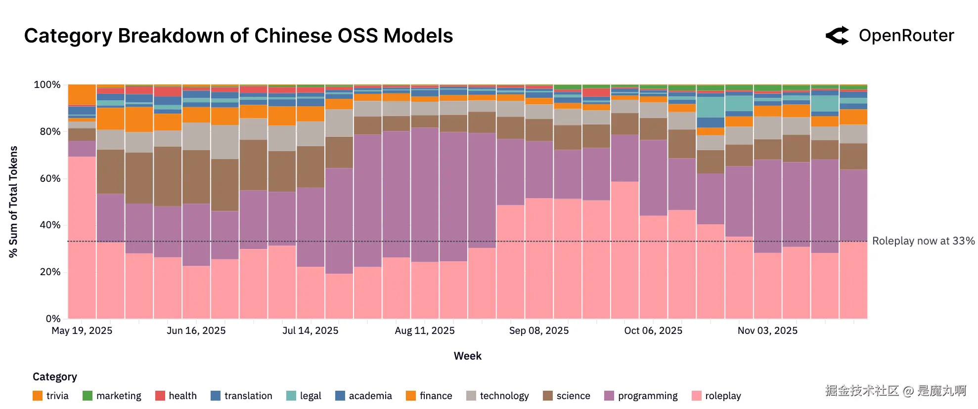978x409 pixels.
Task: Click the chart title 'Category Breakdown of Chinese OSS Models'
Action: click(x=238, y=36)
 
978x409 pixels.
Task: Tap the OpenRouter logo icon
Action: click(x=837, y=36)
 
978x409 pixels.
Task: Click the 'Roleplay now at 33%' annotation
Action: click(x=923, y=241)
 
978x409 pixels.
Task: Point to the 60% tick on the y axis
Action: click(x=50, y=178)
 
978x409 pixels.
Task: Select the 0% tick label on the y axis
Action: click(x=53, y=319)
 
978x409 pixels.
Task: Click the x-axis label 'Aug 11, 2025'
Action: click(x=424, y=330)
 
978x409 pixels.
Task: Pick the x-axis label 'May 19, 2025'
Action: click(x=82, y=330)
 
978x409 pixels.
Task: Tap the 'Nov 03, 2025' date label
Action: click(x=767, y=330)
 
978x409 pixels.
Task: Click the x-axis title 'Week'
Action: click(x=467, y=356)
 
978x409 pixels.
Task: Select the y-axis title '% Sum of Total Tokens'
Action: click(x=13, y=202)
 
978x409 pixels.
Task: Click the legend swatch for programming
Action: click(x=609, y=396)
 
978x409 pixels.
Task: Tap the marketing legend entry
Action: click(x=112, y=396)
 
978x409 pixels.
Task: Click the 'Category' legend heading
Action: click(x=54, y=377)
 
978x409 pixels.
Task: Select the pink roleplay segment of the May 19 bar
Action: click(x=82, y=237)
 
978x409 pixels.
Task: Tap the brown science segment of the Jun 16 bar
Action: click(x=196, y=176)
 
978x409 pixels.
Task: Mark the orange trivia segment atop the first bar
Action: click(x=82, y=94)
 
